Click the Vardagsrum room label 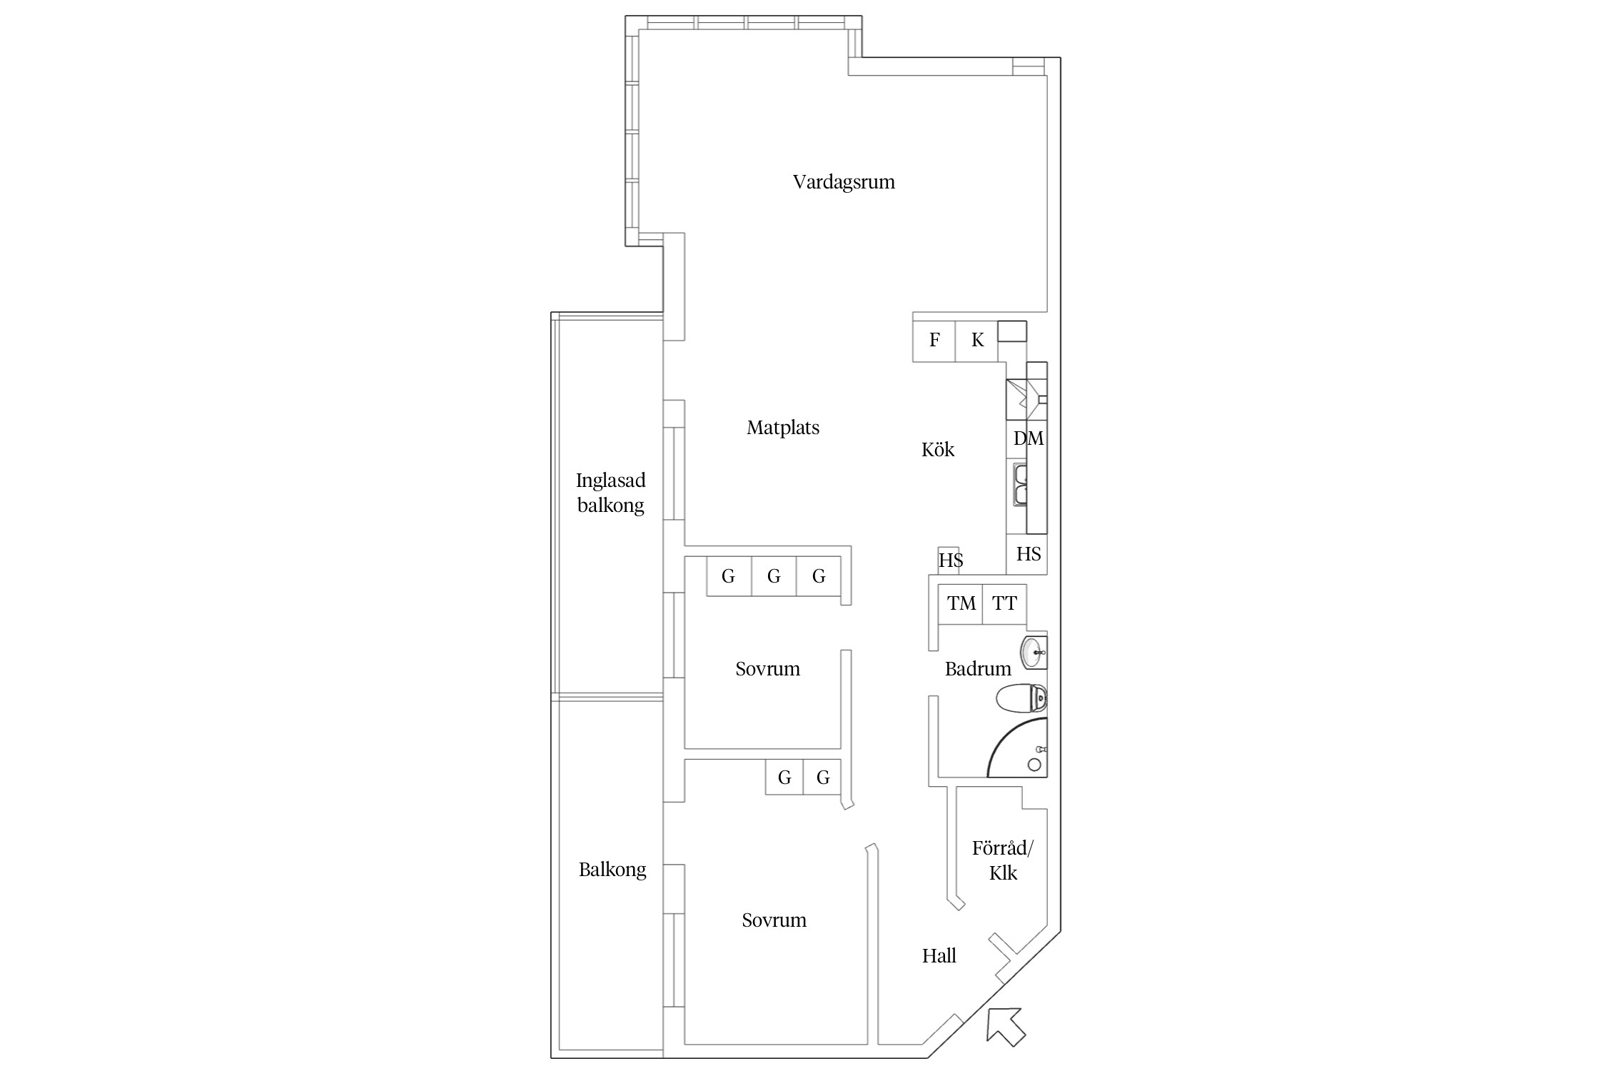pyautogui.click(x=844, y=182)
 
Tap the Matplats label pyautogui.click(x=783, y=428)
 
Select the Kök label pyautogui.click(x=938, y=449)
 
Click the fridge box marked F pyautogui.click(x=934, y=341)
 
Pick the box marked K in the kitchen pyautogui.click(x=977, y=341)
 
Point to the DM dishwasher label pyautogui.click(x=1029, y=438)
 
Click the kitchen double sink pyautogui.click(x=1019, y=484)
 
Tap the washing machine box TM pyautogui.click(x=961, y=604)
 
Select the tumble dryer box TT pyautogui.click(x=1004, y=604)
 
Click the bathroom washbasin pyautogui.click(x=1034, y=653)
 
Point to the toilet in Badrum pyautogui.click(x=1021, y=698)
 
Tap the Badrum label pyautogui.click(x=978, y=669)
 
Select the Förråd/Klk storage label pyautogui.click(x=1003, y=860)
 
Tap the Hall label pyautogui.click(x=939, y=956)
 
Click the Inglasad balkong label pyautogui.click(x=611, y=493)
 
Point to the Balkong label pyautogui.click(x=612, y=870)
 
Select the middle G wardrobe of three pyautogui.click(x=774, y=576)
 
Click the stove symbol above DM pyautogui.click(x=1026, y=400)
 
